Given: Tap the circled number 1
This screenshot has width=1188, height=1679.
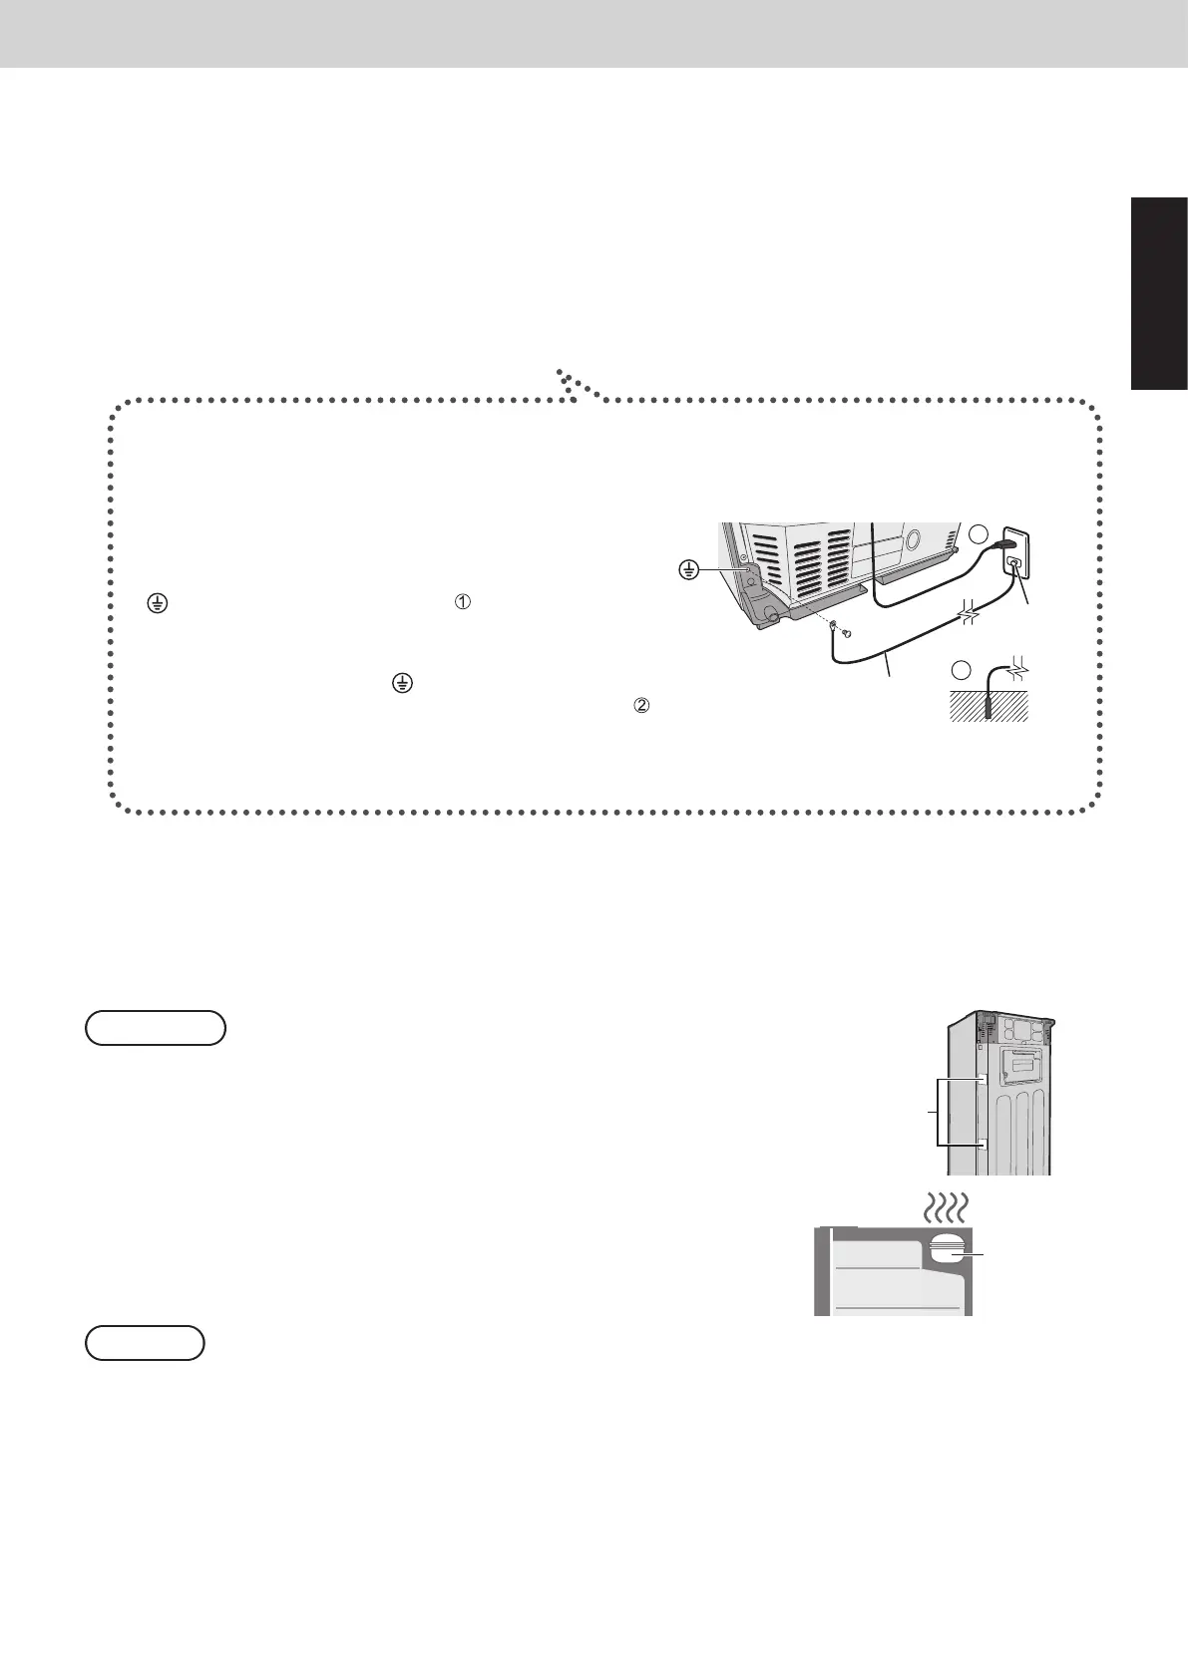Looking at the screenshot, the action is (462, 603).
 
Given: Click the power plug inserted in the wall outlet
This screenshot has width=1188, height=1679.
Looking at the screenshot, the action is (1004, 542).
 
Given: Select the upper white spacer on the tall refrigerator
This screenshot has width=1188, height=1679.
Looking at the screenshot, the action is (984, 1080).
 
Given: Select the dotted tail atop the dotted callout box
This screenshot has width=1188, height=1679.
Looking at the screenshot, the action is (569, 386).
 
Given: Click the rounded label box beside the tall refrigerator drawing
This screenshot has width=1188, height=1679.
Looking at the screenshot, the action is (156, 1027).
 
